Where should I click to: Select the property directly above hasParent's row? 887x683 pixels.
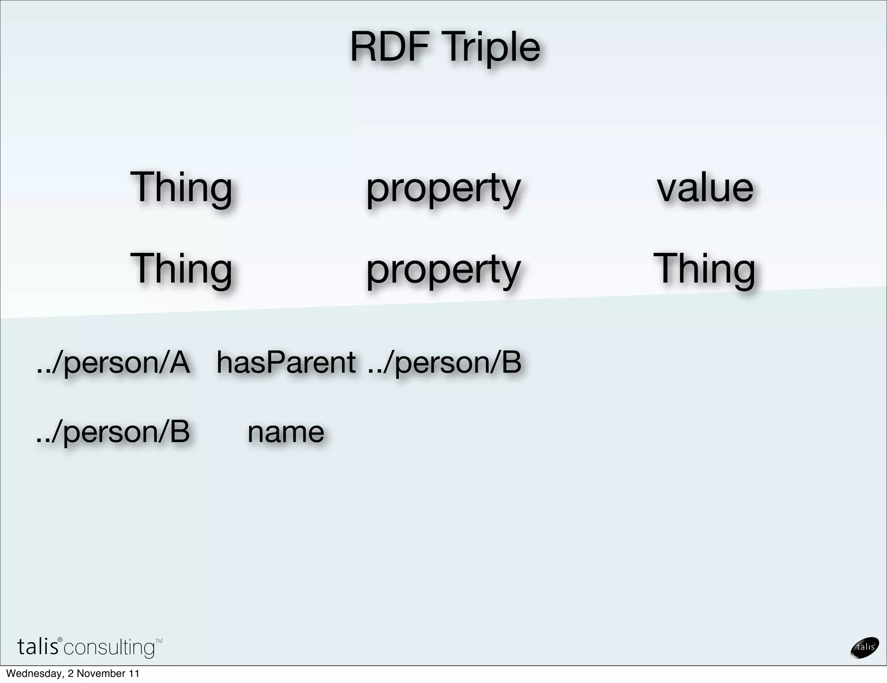coord(443,270)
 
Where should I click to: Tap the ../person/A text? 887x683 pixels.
coord(113,363)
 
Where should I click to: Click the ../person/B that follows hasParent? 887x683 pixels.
coord(444,363)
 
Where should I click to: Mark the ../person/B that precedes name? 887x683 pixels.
coord(113,432)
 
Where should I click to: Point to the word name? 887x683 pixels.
coord(286,432)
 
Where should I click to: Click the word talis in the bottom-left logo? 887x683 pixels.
coord(38,647)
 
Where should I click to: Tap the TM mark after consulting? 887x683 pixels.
coord(159,641)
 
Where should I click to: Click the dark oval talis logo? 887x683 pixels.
coord(864,647)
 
